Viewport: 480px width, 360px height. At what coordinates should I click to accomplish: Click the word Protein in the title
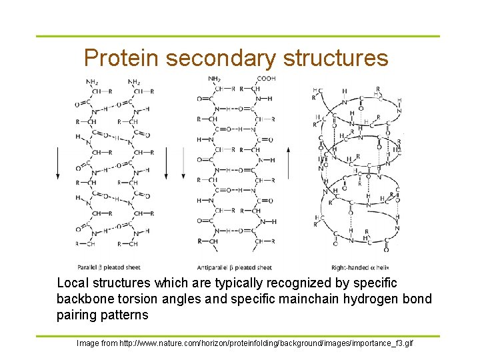(x=121, y=59)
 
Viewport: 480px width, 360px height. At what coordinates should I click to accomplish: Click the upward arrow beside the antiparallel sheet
(x=288, y=163)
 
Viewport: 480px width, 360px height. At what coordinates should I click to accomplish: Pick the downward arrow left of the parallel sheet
(x=59, y=163)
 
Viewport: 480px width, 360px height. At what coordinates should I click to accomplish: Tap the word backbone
(x=84, y=299)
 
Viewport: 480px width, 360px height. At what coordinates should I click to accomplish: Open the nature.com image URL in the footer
(x=266, y=343)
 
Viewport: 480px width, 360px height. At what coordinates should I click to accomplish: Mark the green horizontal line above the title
(x=237, y=37)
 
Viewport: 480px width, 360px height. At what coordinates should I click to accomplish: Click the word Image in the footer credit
(x=89, y=343)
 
